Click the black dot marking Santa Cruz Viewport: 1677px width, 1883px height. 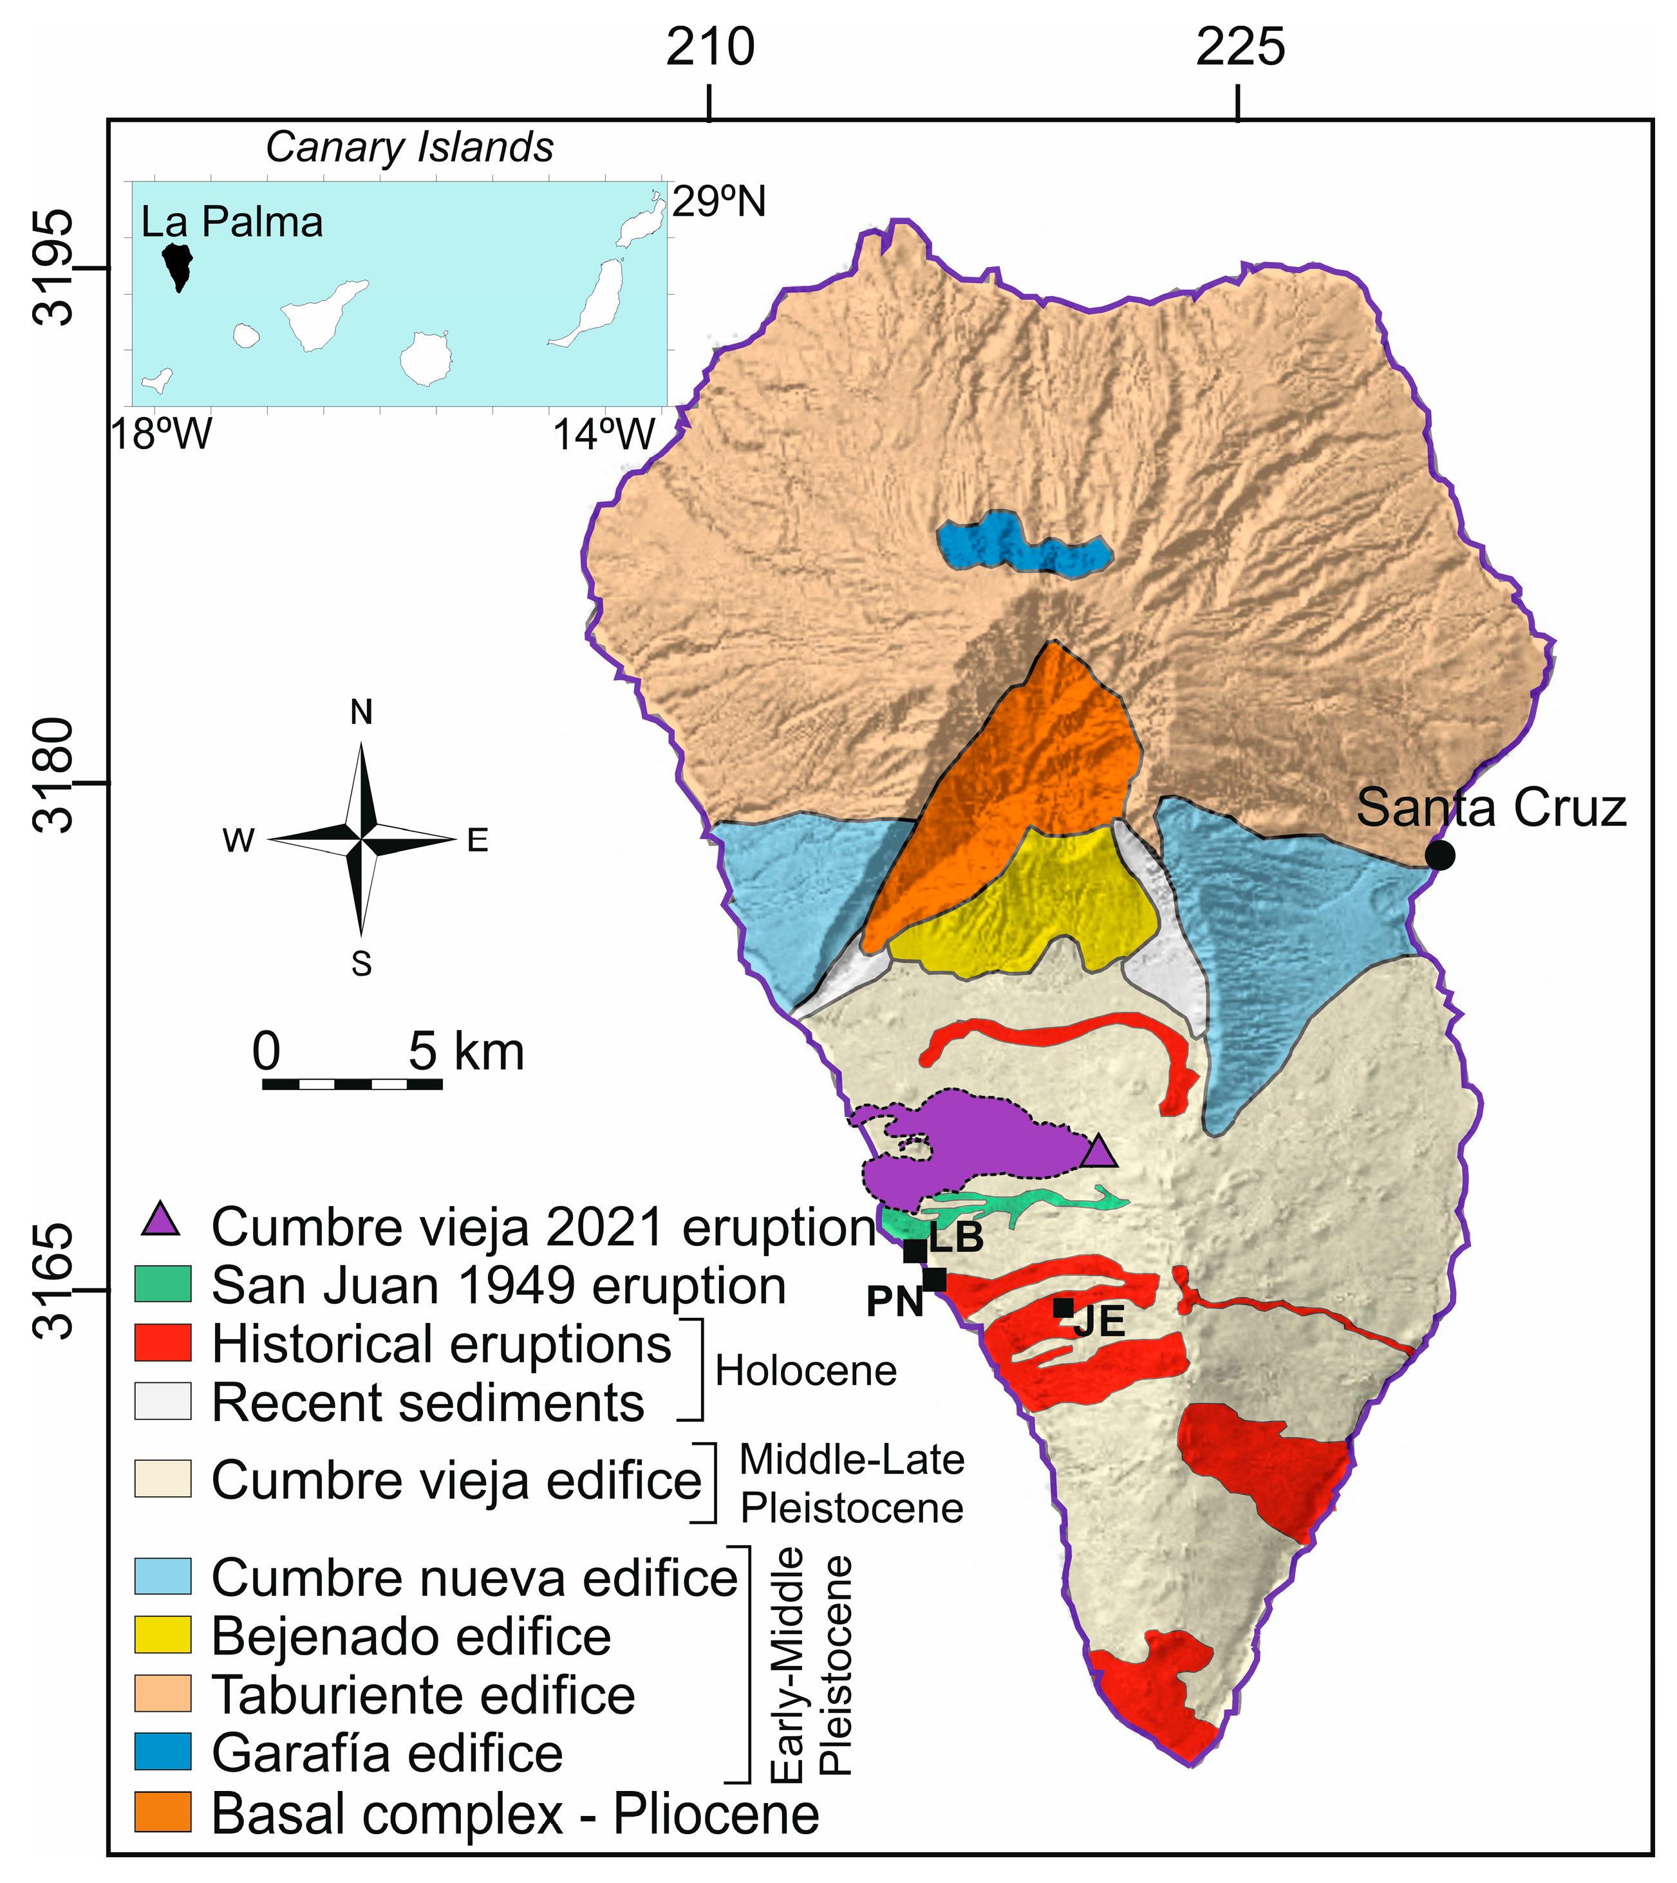point(1439,855)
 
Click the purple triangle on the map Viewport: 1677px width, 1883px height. point(1098,1153)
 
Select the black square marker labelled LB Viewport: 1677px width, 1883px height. point(915,1251)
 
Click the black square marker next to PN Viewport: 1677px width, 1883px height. point(934,1279)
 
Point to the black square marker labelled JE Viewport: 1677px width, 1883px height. point(1063,1307)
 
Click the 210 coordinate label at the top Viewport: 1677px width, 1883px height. point(711,47)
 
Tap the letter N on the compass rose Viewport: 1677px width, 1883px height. point(361,713)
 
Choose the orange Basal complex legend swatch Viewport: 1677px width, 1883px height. point(163,1811)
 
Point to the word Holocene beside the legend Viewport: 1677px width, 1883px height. point(805,1372)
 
